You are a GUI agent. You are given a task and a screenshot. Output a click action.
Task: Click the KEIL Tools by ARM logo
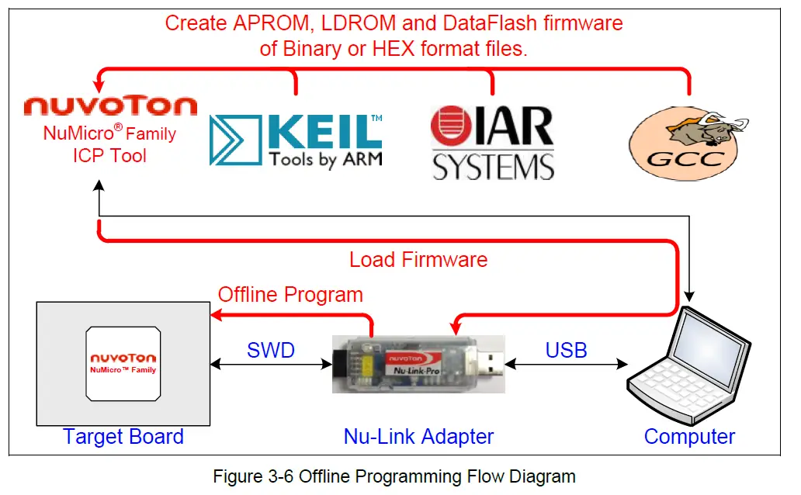click(x=296, y=140)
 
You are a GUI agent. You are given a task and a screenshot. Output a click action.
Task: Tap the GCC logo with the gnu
click(x=688, y=142)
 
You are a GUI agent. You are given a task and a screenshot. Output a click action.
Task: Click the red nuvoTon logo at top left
click(x=110, y=106)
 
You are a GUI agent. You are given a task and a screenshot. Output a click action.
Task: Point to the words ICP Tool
click(x=109, y=154)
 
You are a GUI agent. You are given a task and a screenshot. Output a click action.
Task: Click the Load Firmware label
click(x=418, y=259)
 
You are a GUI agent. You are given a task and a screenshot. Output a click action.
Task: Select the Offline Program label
click(x=290, y=295)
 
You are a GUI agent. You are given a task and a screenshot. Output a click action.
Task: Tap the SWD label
click(x=271, y=350)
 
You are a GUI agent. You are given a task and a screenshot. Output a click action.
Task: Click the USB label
click(x=566, y=350)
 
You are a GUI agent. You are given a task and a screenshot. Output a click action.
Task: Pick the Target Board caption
click(x=123, y=437)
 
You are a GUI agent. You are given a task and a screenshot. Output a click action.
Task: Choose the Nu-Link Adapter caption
click(x=418, y=437)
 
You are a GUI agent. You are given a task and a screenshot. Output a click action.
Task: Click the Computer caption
click(x=689, y=437)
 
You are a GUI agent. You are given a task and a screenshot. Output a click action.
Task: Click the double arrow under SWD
click(x=271, y=363)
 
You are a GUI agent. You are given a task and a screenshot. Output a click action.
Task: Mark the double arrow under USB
click(x=566, y=363)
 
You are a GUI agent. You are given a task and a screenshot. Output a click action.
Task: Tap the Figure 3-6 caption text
click(x=394, y=476)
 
